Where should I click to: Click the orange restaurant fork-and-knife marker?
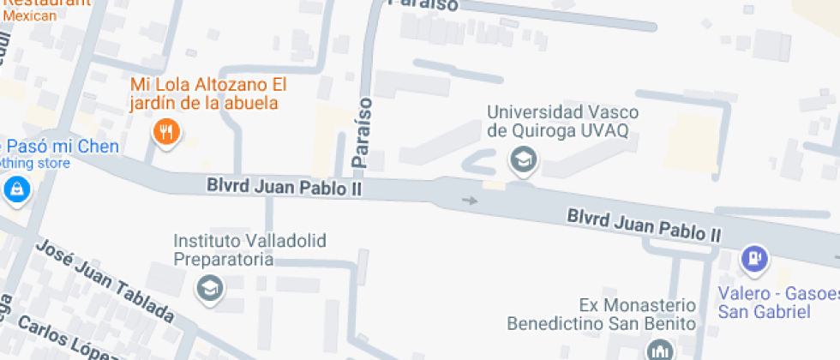(166, 132)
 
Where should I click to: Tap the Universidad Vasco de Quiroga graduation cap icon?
(521, 159)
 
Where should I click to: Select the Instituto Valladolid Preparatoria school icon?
(209, 288)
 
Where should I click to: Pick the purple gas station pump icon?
(754, 257)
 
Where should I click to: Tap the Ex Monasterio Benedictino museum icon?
(660, 350)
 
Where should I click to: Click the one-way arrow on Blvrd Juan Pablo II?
(469, 201)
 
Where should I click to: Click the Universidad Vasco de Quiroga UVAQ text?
(562, 121)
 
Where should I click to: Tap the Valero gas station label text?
(778, 303)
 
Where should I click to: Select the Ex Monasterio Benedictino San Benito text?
(600, 315)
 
